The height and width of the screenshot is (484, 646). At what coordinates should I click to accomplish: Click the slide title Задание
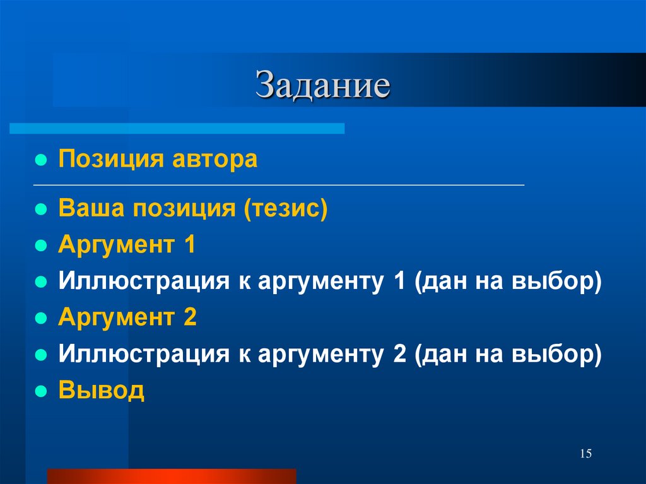[323, 86]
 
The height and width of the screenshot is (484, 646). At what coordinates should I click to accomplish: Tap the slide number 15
[585, 454]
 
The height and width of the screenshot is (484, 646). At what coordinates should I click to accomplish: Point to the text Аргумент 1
[127, 245]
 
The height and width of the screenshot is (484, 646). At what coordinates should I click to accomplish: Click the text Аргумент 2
[127, 317]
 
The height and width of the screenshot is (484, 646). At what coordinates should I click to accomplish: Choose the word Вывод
[102, 390]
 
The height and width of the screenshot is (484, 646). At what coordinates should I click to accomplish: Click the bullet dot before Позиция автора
[40, 160]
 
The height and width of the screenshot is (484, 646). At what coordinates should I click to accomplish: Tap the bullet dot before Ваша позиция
[40, 210]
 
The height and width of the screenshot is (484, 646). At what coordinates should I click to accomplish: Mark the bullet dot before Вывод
[40, 391]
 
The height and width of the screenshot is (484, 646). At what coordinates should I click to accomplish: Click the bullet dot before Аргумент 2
[40, 319]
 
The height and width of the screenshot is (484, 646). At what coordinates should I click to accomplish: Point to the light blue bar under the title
[177, 128]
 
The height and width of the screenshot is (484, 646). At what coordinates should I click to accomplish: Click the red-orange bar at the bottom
[171, 476]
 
